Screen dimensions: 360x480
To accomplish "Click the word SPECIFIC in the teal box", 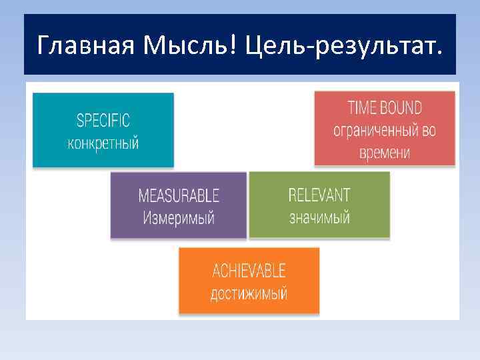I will point(103,121).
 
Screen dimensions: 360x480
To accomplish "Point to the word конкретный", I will point(103,143).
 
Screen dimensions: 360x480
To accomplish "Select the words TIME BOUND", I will point(385,108).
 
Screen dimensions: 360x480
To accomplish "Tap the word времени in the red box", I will point(385,152).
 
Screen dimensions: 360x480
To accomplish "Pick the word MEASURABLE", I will point(178,196).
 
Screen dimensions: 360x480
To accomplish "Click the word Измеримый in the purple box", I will point(178,218).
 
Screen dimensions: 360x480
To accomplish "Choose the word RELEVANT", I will point(319,195).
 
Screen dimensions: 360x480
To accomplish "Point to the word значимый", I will point(319,217).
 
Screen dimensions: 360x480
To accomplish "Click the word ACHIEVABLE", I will point(249,271).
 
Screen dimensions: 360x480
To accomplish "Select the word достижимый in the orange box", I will point(249,293).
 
